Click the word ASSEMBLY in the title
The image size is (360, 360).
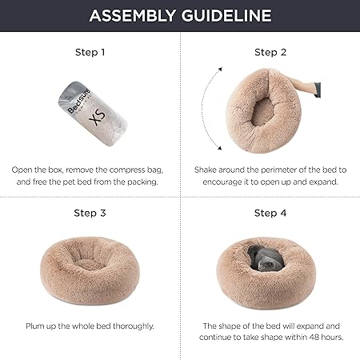130,16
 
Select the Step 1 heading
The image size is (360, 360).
90,53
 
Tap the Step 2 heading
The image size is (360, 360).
270,53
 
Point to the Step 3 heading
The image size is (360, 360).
90,213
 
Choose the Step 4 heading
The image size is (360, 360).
270,213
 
